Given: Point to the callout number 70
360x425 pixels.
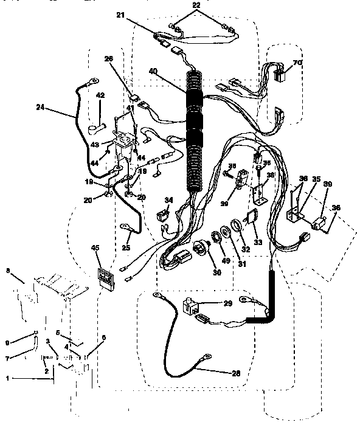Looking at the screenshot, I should pos(297,63).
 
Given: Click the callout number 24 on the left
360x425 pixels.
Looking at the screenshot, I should pos(40,108).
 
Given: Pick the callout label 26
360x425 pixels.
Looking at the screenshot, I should pos(109,59).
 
